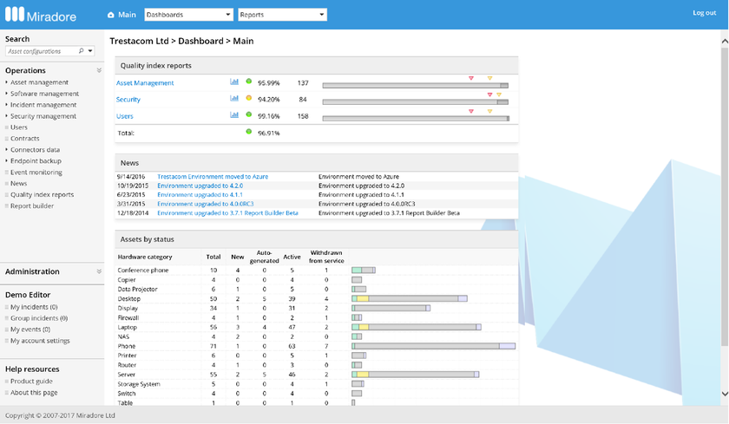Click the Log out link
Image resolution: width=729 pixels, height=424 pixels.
pyautogui.click(x=704, y=13)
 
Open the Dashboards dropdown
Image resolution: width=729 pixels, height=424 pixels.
pyautogui.click(x=188, y=15)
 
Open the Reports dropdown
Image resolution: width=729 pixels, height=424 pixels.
pyautogui.click(x=282, y=15)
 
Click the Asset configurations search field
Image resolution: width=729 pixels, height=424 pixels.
pyautogui.click(x=42, y=51)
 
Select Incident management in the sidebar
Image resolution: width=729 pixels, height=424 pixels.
pyautogui.click(x=43, y=105)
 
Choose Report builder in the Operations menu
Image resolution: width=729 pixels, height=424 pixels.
pyautogui.click(x=32, y=206)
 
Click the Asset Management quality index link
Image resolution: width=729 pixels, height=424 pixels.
pyautogui.click(x=145, y=83)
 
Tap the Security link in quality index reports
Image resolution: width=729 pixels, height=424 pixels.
pyautogui.click(x=128, y=100)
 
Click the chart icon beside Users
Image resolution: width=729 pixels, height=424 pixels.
pyautogui.click(x=234, y=115)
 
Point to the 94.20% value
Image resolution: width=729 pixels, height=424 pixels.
pyautogui.click(x=268, y=100)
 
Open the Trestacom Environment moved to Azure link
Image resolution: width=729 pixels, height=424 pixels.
pyautogui.click(x=213, y=177)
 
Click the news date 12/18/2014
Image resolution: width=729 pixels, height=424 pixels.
pyautogui.click(x=132, y=212)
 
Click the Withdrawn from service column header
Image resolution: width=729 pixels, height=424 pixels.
pyautogui.click(x=326, y=258)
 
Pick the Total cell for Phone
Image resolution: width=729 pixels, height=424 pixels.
pyautogui.click(x=213, y=346)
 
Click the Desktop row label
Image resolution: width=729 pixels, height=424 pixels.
pyautogui.click(x=130, y=298)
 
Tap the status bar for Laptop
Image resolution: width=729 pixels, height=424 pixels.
pyautogui.click(x=417, y=327)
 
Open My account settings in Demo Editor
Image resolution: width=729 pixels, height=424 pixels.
pyautogui.click(x=40, y=341)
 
